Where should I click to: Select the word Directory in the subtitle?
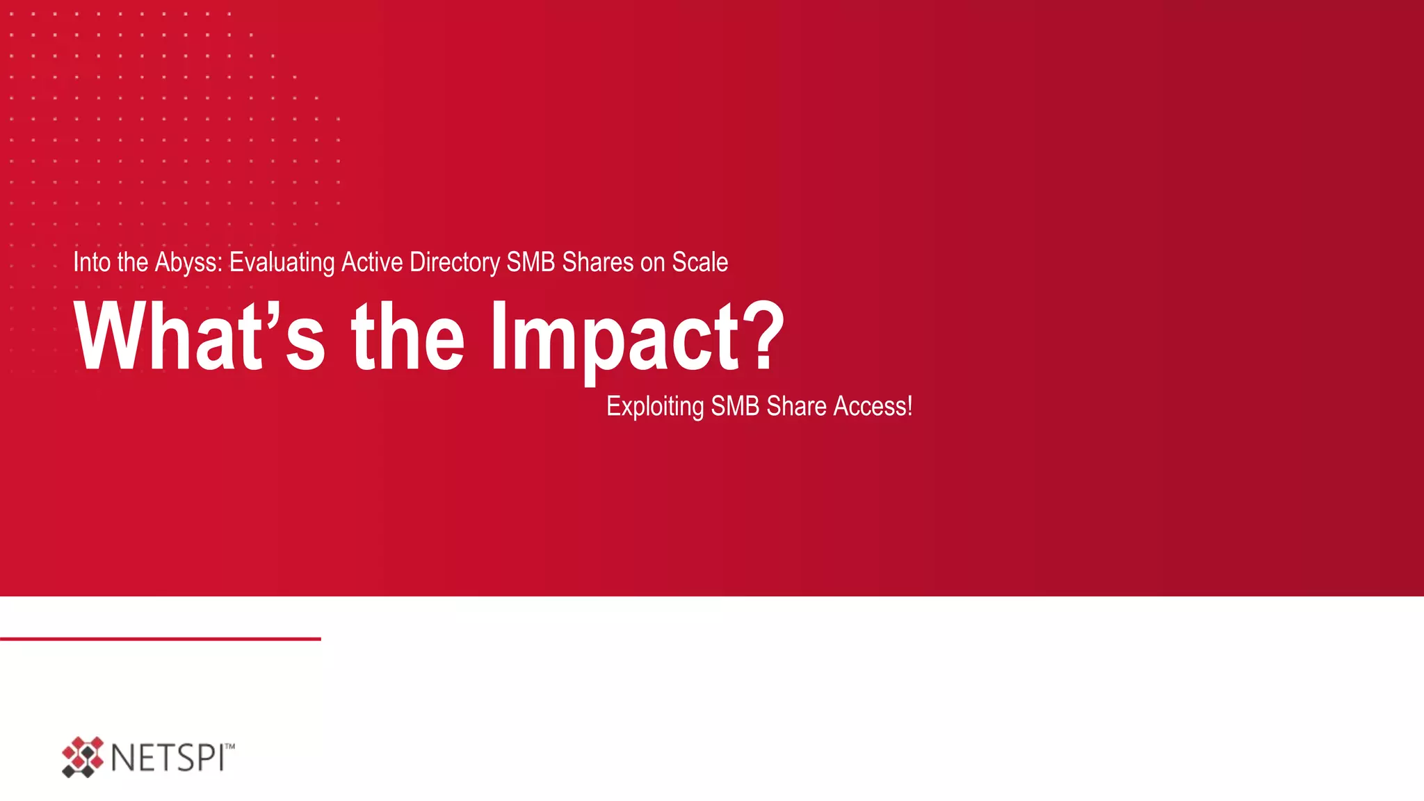455,263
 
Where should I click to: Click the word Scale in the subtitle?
700,263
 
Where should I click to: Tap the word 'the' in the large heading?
408,337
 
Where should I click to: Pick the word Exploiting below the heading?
655,406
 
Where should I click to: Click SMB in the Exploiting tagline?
736,406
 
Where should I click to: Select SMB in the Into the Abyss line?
531,263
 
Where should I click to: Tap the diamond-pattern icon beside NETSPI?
82,757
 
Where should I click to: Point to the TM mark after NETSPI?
230,746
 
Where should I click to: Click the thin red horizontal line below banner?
160,638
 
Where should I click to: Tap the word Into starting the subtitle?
92,263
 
